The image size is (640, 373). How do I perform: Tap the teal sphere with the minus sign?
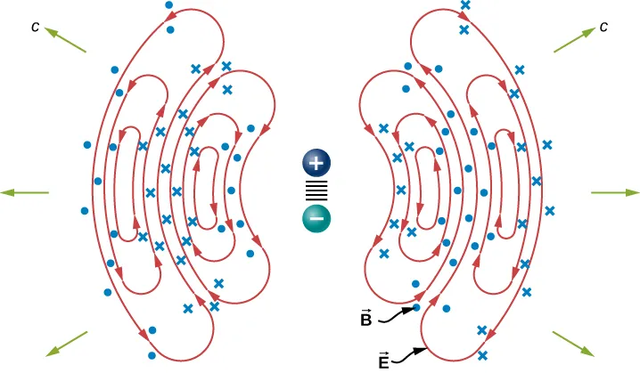tap(316, 219)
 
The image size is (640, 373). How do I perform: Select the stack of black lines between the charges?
tap(316, 191)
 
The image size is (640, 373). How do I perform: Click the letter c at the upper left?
tap(35, 27)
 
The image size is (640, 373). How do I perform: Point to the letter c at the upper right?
tap(604, 27)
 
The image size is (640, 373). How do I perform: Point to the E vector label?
tap(384, 361)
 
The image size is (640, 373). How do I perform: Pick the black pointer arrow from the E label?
tap(413, 355)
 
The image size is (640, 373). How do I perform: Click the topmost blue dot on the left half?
tap(169, 5)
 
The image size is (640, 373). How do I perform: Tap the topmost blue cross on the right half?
tap(464, 5)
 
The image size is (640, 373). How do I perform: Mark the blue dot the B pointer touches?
tap(417, 308)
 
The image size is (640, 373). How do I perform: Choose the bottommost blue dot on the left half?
tap(152, 330)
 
